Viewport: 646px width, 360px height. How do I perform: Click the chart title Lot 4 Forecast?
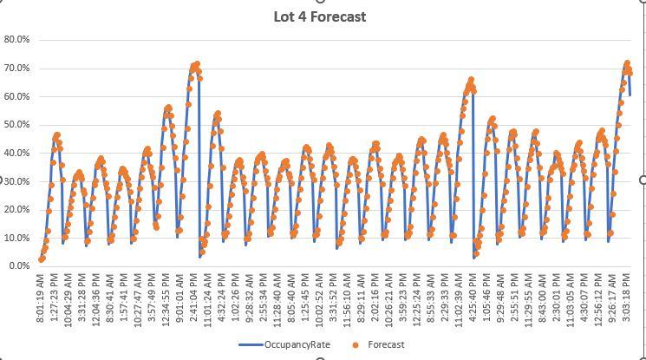pyautogui.click(x=319, y=16)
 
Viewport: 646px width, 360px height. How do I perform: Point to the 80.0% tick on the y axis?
pyautogui.click(x=17, y=40)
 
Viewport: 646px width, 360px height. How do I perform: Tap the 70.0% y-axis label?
pyautogui.click(x=17, y=69)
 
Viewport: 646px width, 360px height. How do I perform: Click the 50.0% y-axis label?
pyautogui.click(x=17, y=125)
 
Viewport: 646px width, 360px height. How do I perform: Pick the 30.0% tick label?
pyautogui.click(x=17, y=181)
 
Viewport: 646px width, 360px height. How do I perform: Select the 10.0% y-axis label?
pyautogui.click(x=17, y=238)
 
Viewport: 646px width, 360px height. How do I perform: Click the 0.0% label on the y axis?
pyautogui.click(x=19, y=266)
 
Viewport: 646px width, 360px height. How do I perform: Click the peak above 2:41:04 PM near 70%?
pyautogui.click(x=197, y=63)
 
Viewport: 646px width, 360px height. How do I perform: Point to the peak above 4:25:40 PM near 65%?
pyautogui.click(x=471, y=80)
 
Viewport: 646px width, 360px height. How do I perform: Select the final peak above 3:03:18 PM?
pyautogui.click(x=627, y=63)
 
